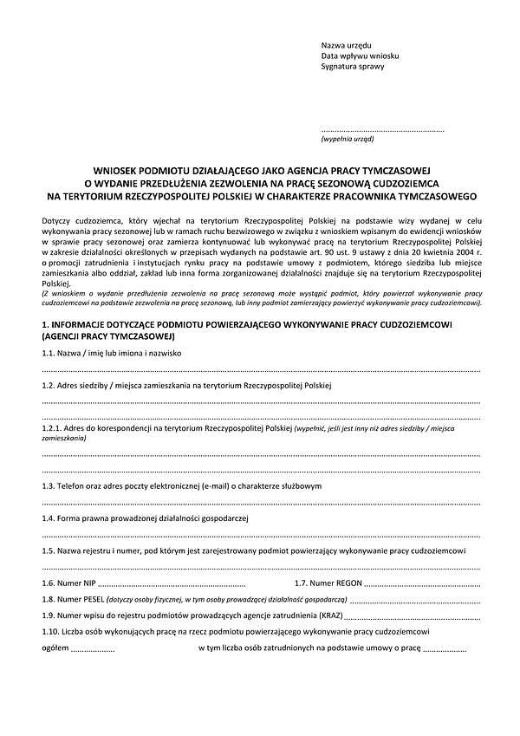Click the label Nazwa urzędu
point(347,44)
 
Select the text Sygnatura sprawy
point(353,66)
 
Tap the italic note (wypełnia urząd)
point(348,138)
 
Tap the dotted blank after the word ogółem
point(92,648)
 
